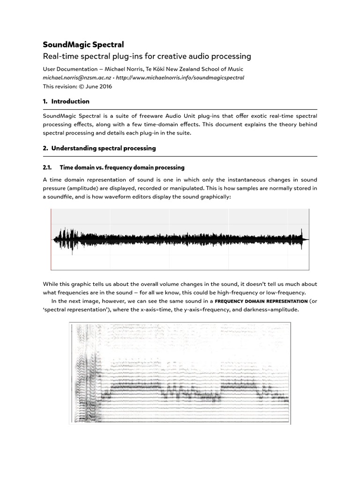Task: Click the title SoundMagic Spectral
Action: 83,45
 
